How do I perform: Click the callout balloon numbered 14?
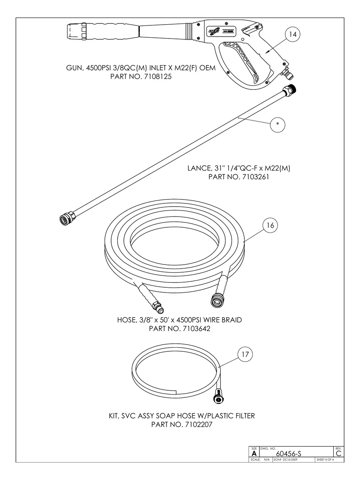tap(292, 35)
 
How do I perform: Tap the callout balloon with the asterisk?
tap(277, 124)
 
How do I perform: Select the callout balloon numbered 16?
tap(270, 225)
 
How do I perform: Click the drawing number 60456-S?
tap(290, 453)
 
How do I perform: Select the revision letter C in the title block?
tap(339, 453)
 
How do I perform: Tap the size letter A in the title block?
tap(254, 453)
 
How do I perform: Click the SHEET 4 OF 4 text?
tap(325, 460)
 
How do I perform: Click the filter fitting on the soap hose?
tap(219, 397)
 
